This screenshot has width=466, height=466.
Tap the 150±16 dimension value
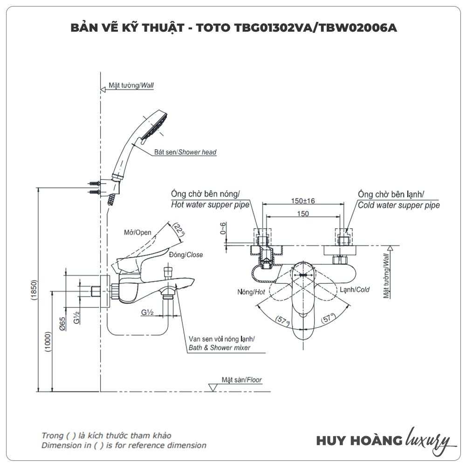coord(303,201)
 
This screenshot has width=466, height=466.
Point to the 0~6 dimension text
coord(224,228)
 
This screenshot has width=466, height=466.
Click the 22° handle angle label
coord(179,229)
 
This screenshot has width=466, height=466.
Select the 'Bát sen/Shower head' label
coord(185,152)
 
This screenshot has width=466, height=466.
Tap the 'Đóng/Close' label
coord(186,254)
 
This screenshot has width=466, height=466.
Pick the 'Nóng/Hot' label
coord(251,292)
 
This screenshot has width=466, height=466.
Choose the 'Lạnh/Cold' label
coord(354,289)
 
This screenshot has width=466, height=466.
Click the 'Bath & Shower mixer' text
coord(219,348)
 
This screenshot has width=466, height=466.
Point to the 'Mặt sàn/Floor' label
coord(242,380)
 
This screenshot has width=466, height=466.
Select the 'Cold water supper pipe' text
coord(398,205)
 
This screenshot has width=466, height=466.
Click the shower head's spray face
coord(155,125)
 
